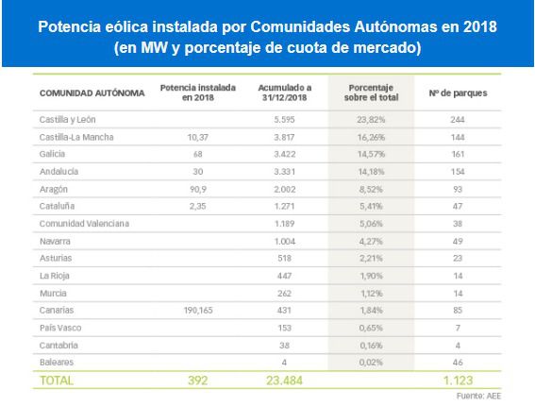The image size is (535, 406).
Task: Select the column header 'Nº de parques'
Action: tap(458, 93)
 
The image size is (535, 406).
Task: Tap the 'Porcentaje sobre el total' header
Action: tap(371, 93)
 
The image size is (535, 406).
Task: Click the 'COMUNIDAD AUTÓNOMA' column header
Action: tap(92, 93)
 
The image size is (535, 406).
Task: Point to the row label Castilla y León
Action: tap(68, 120)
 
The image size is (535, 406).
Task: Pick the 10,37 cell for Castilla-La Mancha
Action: tap(198, 137)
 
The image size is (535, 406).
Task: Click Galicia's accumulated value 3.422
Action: tap(285, 154)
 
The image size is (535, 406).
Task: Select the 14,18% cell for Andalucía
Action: tap(371, 172)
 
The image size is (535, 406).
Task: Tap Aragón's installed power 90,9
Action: tap(198, 189)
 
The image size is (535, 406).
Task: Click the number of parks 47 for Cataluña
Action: tap(458, 206)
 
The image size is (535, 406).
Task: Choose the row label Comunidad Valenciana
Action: tap(84, 224)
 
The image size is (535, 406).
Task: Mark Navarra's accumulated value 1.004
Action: tap(285, 241)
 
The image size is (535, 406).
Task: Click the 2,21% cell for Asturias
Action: tap(371, 258)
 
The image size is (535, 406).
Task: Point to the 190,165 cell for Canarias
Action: tap(198, 310)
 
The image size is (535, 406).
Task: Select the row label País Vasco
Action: tap(60, 328)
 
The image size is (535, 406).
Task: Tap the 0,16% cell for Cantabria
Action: tap(371, 346)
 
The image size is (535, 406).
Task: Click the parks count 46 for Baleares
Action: tap(458, 363)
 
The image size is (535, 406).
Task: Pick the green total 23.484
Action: tap(284, 381)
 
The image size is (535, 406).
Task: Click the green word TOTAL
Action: tap(57, 381)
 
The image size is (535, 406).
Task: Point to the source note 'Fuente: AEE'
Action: tap(478, 397)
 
